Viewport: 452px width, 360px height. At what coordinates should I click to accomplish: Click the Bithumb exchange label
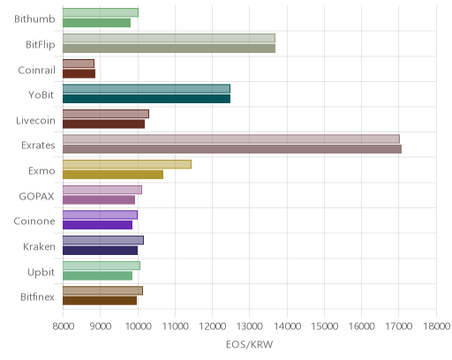tap(34, 19)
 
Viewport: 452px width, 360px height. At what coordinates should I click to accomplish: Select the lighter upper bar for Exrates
tap(231, 139)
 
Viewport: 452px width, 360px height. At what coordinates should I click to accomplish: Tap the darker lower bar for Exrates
tap(232, 149)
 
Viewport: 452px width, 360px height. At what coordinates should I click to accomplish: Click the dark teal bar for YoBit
tap(147, 99)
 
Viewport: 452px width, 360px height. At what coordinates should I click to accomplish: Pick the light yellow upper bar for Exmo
tap(127, 164)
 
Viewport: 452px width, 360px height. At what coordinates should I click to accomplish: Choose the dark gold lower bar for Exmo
tap(113, 175)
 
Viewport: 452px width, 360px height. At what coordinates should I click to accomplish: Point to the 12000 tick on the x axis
tap(213, 326)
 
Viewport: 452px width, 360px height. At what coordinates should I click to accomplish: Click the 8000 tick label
tap(64, 326)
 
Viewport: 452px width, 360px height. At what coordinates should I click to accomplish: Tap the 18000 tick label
tap(437, 326)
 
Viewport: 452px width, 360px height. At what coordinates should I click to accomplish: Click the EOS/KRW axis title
tap(250, 344)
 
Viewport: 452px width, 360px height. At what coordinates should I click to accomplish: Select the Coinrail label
tap(36, 70)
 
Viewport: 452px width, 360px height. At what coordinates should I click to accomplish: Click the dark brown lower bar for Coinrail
tap(79, 73)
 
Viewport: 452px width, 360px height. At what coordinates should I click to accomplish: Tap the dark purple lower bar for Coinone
tap(97, 225)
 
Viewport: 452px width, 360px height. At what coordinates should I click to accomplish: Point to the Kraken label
tap(39, 246)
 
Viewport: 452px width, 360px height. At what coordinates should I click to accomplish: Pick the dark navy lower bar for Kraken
tap(100, 251)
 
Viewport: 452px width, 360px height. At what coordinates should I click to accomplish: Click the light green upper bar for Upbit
tap(102, 266)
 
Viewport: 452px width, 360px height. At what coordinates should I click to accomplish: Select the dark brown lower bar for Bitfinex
tap(100, 301)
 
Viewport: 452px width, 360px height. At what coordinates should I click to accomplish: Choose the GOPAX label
tap(36, 196)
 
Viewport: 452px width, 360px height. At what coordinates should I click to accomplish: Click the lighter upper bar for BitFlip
tap(169, 38)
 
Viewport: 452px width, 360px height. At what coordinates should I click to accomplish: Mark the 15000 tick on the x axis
tap(325, 326)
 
